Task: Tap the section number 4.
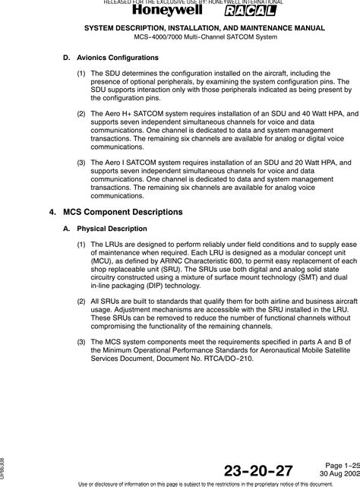[x=52, y=211]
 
